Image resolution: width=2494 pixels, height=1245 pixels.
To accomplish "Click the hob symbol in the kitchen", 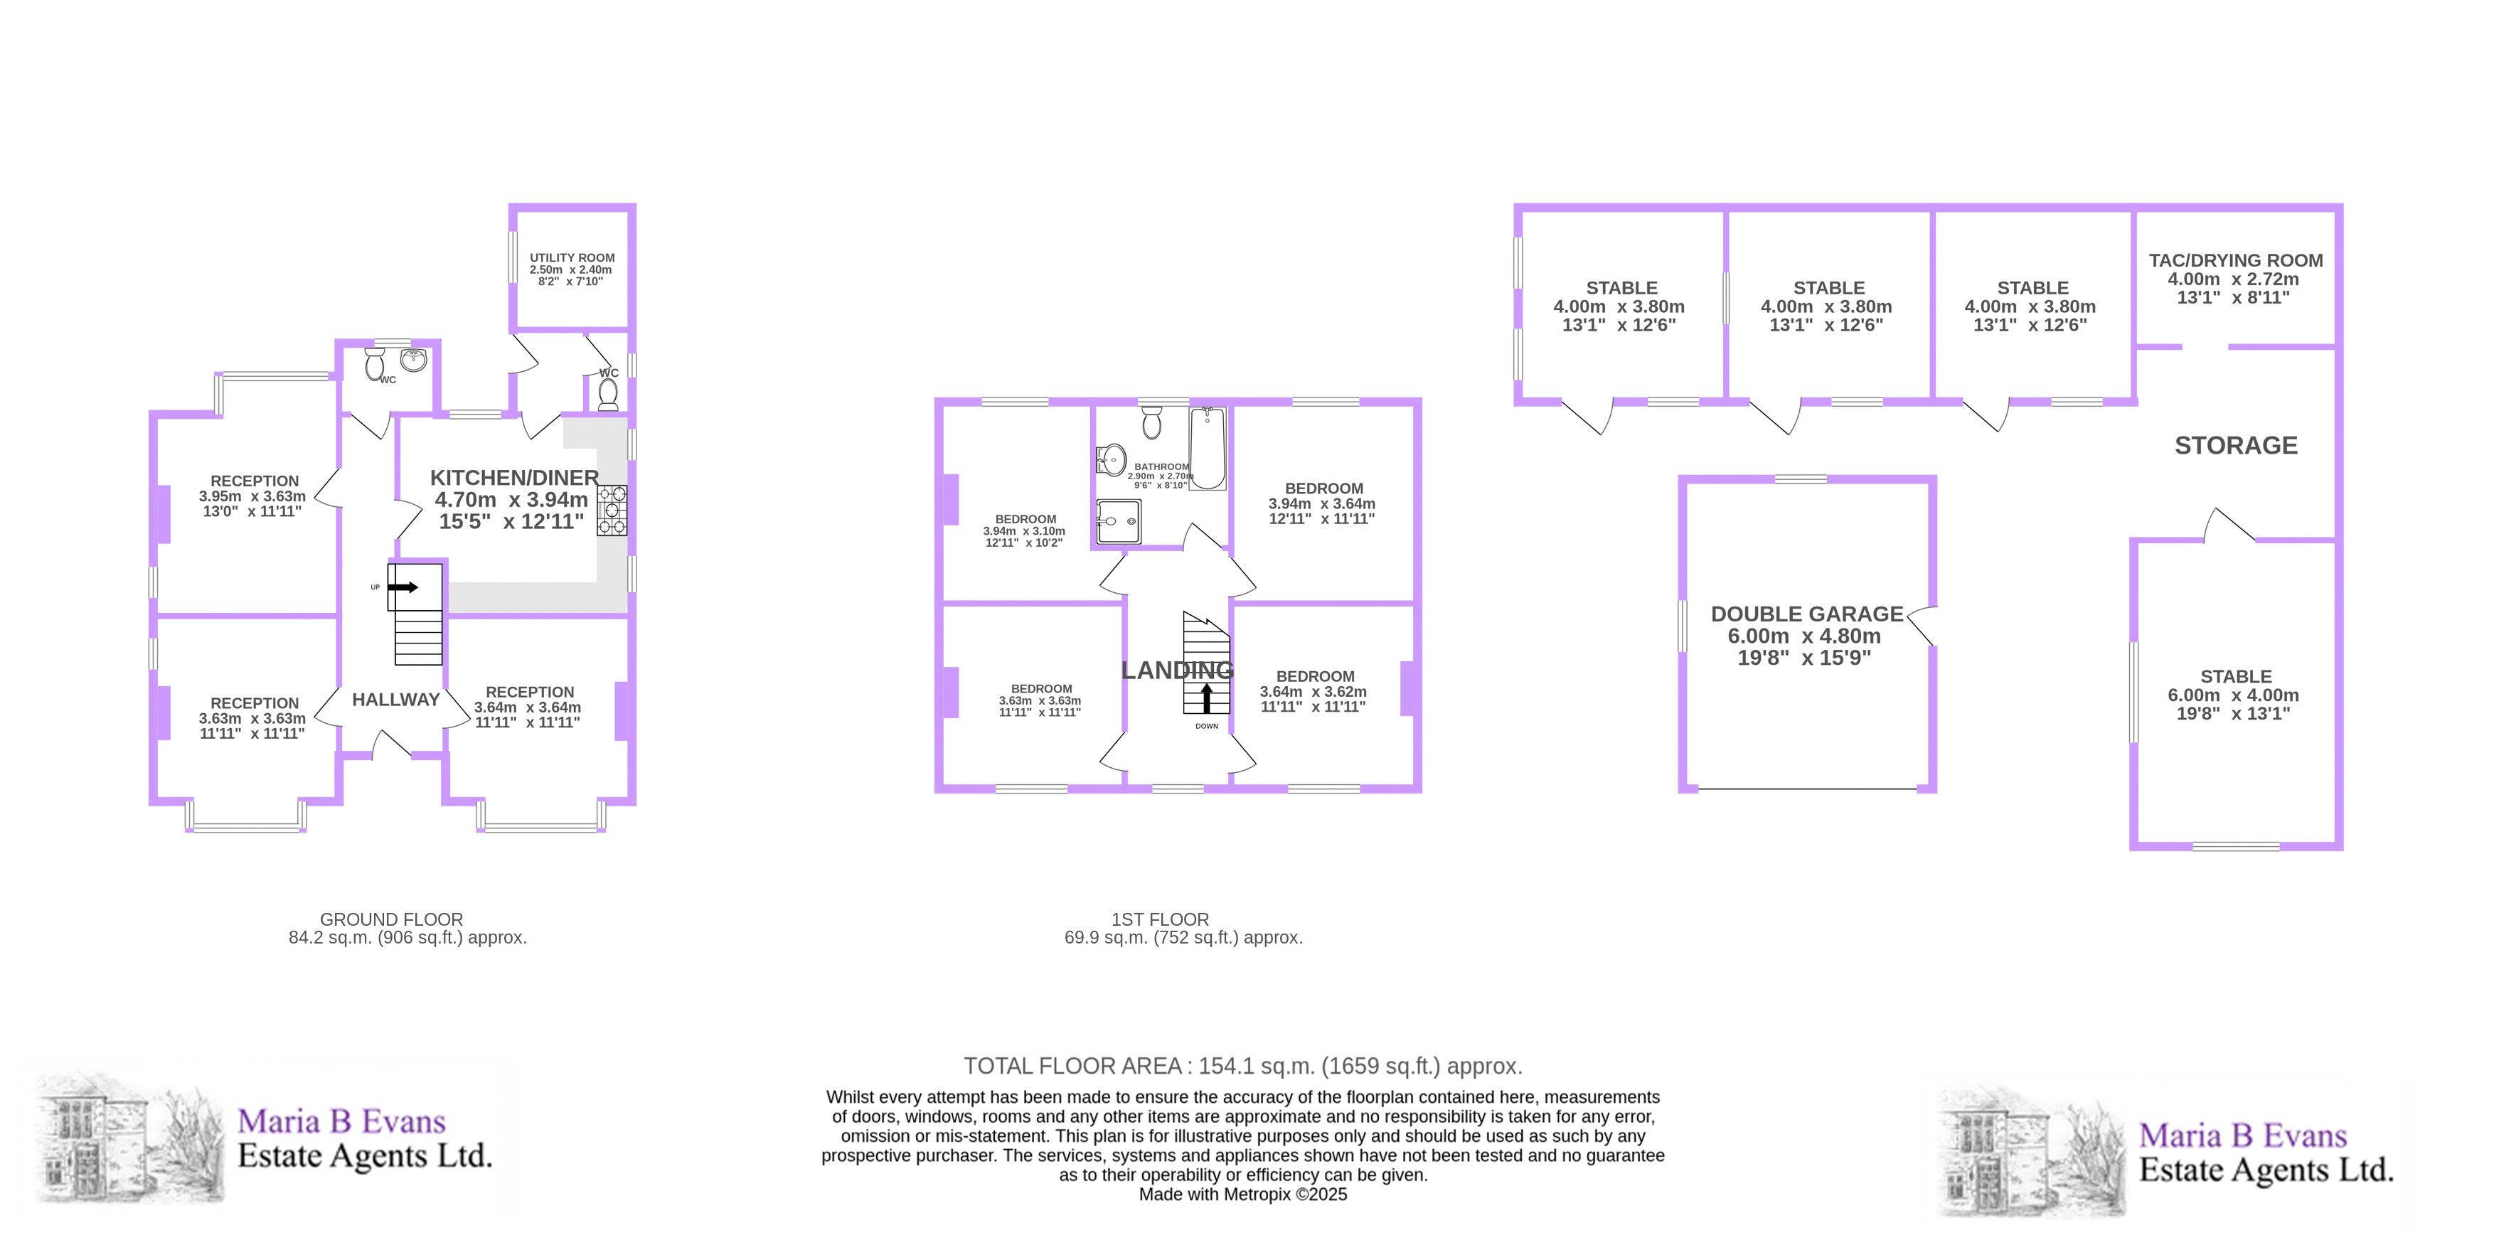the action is (x=611, y=511).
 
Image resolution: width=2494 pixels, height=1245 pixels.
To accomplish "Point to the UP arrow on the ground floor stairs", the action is (x=403, y=587).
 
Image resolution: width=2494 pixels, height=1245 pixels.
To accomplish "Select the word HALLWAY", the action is (x=396, y=700).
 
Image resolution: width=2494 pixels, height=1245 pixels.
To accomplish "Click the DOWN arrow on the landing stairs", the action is (x=1206, y=699).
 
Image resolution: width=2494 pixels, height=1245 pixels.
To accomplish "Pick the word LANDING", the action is (x=1177, y=670).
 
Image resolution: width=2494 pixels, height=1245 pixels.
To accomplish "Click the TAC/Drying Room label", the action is (x=2236, y=279).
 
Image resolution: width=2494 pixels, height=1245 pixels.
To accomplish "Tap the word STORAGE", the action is (x=2236, y=445).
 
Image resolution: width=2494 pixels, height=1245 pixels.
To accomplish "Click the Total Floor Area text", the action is (x=1243, y=1066).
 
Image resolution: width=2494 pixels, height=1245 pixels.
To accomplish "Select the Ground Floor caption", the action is (x=407, y=929).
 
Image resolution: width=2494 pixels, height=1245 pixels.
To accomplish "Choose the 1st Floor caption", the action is (x=1183, y=929).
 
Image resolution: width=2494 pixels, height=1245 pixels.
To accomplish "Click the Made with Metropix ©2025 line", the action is (x=1243, y=1195).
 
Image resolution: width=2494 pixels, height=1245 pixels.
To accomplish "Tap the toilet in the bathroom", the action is (x=1151, y=422).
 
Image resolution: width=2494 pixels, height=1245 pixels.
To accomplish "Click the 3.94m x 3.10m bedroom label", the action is (x=1024, y=530).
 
